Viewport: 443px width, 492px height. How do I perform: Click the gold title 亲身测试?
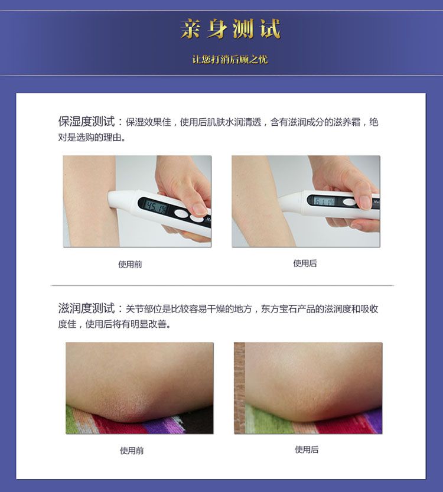pyautogui.click(x=230, y=28)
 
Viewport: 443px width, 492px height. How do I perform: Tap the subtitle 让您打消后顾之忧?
pyautogui.click(x=230, y=59)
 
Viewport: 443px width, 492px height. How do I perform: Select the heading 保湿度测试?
pyautogui.click(x=87, y=122)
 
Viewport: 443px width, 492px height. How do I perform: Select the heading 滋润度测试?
pyautogui.click(x=87, y=308)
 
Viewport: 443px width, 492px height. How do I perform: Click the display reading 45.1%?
pyautogui.click(x=157, y=207)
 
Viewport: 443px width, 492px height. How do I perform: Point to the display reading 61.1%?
pyautogui.click(x=324, y=201)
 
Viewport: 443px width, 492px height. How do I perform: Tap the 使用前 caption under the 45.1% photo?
pyautogui.click(x=130, y=264)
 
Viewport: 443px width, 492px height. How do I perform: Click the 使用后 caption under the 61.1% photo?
pyautogui.click(x=305, y=263)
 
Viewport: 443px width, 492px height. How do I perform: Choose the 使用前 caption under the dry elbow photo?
pyautogui.click(x=132, y=451)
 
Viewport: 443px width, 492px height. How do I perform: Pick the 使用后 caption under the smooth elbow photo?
pyautogui.click(x=307, y=449)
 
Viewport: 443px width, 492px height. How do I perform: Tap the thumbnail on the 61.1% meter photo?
pyautogui.click(x=365, y=202)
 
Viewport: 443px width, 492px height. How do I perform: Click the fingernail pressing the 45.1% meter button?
pyautogui.click(x=200, y=208)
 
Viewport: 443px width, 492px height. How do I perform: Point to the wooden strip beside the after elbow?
pyautogui.click(x=239, y=388)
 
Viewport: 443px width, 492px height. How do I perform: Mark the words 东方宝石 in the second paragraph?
pyautogui.click(x=279, y=309)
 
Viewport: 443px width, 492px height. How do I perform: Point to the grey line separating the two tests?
pyautogui.click(x=222, y=285)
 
